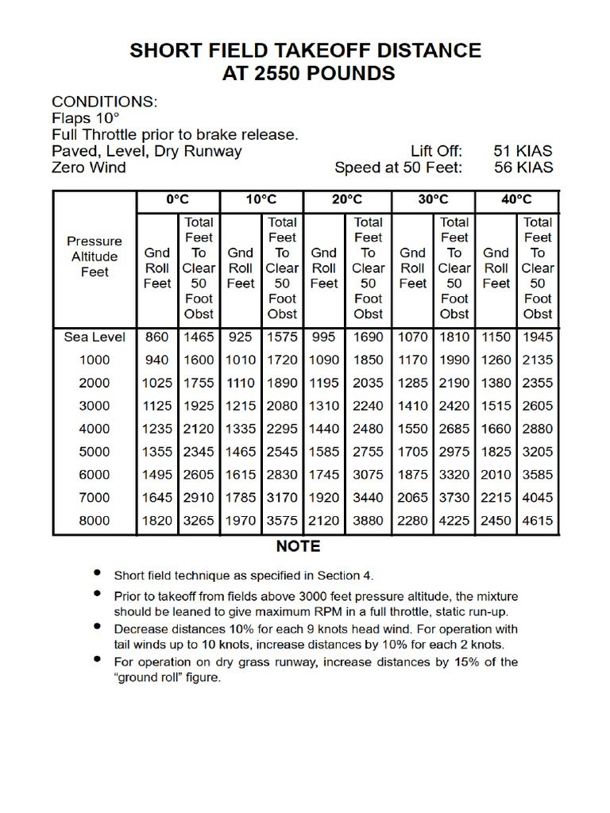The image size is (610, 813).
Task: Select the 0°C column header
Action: coord(178,200)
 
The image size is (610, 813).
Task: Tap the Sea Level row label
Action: coord(95,337)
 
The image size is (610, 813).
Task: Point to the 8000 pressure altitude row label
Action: coord(95,521)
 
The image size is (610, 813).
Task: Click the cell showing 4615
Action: coord(538,521)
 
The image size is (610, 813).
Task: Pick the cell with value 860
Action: coord(156,337)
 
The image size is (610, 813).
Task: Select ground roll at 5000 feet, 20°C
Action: coord(324,452)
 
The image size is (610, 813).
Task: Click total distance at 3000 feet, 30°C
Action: coord(454,406)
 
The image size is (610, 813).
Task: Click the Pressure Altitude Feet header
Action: coord(95,256)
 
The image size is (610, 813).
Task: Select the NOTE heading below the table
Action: coord(299,546)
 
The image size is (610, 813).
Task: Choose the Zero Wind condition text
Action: coord(89,168)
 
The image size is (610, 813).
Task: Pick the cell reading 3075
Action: coord(368,475)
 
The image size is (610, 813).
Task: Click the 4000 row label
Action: coord(95,429)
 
